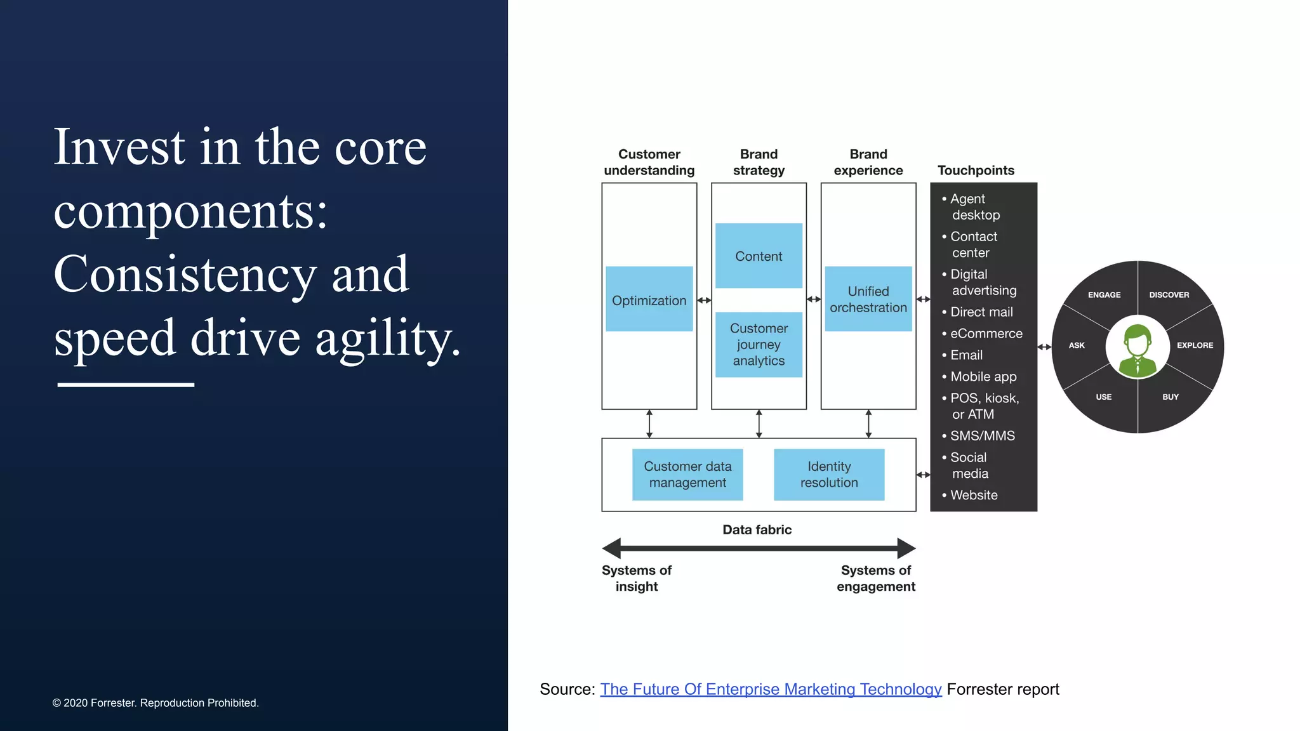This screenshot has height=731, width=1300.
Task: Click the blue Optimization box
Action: [649, 299]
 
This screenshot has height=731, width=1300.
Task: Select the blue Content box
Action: [759, 256]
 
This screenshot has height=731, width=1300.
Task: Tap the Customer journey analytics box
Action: [759, 345]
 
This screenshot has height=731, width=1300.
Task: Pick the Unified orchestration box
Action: [868, 299]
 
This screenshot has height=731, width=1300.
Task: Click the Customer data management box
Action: [687, 475]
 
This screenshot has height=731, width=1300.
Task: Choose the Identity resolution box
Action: [828, 475]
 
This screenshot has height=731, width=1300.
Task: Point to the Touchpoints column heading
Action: [976, 170]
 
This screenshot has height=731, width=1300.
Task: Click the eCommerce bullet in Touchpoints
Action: [986, 334]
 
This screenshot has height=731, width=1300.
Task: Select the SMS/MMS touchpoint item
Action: [982, 436]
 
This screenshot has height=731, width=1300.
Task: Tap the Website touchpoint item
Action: [974, 495]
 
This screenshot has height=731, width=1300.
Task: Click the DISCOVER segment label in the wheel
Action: [1169, 295]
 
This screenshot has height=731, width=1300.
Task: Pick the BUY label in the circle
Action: [1170, 397]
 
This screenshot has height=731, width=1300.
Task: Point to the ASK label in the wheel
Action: [1077, 346]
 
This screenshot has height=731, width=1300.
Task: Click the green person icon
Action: [1137, 350]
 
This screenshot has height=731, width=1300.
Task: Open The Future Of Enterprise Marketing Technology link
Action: [771, 689]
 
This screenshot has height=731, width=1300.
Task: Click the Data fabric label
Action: [757, 530]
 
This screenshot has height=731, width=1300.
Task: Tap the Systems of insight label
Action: [636, 578]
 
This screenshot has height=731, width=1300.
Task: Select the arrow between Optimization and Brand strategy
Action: [704, 300]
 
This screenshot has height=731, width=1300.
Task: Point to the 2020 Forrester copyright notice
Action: [156, 703]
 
